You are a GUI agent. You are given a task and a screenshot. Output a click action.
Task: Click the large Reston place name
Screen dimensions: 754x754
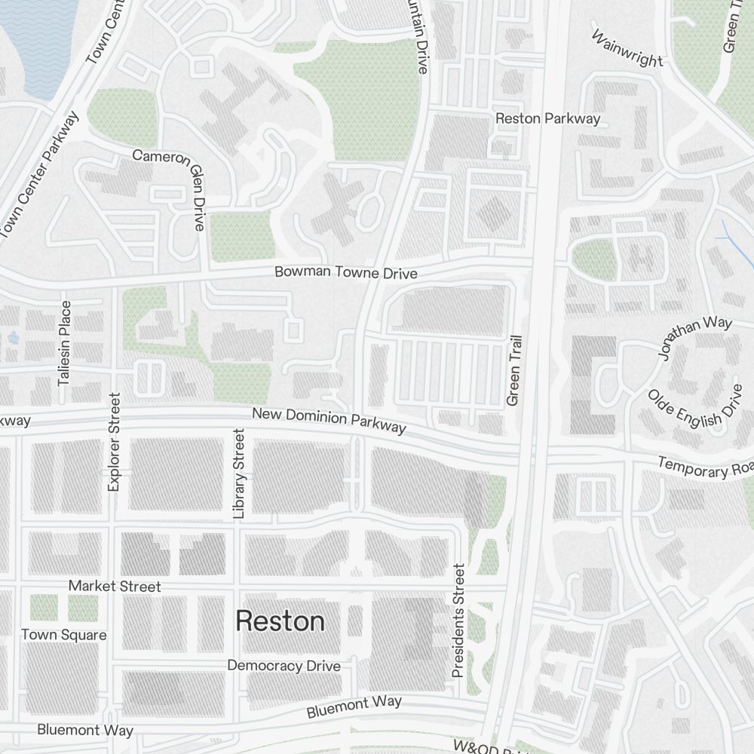tap(280, 622)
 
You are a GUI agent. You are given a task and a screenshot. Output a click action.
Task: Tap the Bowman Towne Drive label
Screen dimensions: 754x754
tap(345, 272)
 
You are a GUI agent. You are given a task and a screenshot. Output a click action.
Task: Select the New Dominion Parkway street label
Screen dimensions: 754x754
tap(329, 421)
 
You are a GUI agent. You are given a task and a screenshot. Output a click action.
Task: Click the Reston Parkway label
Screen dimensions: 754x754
tap(547, 118)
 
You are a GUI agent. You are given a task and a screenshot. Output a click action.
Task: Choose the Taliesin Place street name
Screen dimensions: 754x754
tap(65, 343)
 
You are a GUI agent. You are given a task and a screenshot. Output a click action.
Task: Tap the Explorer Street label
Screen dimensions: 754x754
tap(114, 443)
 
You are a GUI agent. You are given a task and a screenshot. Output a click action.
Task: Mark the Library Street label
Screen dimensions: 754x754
tap(239, 474)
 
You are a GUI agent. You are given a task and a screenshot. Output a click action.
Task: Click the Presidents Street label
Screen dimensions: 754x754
tap(458, 620)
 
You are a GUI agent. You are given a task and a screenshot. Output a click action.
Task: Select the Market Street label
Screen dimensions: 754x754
tap(115, 586)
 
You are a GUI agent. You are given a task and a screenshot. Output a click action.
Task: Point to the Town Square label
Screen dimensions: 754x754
tap(63, 635)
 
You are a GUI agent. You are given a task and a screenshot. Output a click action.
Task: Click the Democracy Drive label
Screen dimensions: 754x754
tap(284, 666)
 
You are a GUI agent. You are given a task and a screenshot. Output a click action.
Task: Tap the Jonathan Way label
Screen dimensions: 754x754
tap(694, 337)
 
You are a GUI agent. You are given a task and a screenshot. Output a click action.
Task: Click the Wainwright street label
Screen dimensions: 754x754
tap(627, 49)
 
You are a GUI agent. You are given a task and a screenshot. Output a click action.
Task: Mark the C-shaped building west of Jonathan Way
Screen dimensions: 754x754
tap(593, 385)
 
